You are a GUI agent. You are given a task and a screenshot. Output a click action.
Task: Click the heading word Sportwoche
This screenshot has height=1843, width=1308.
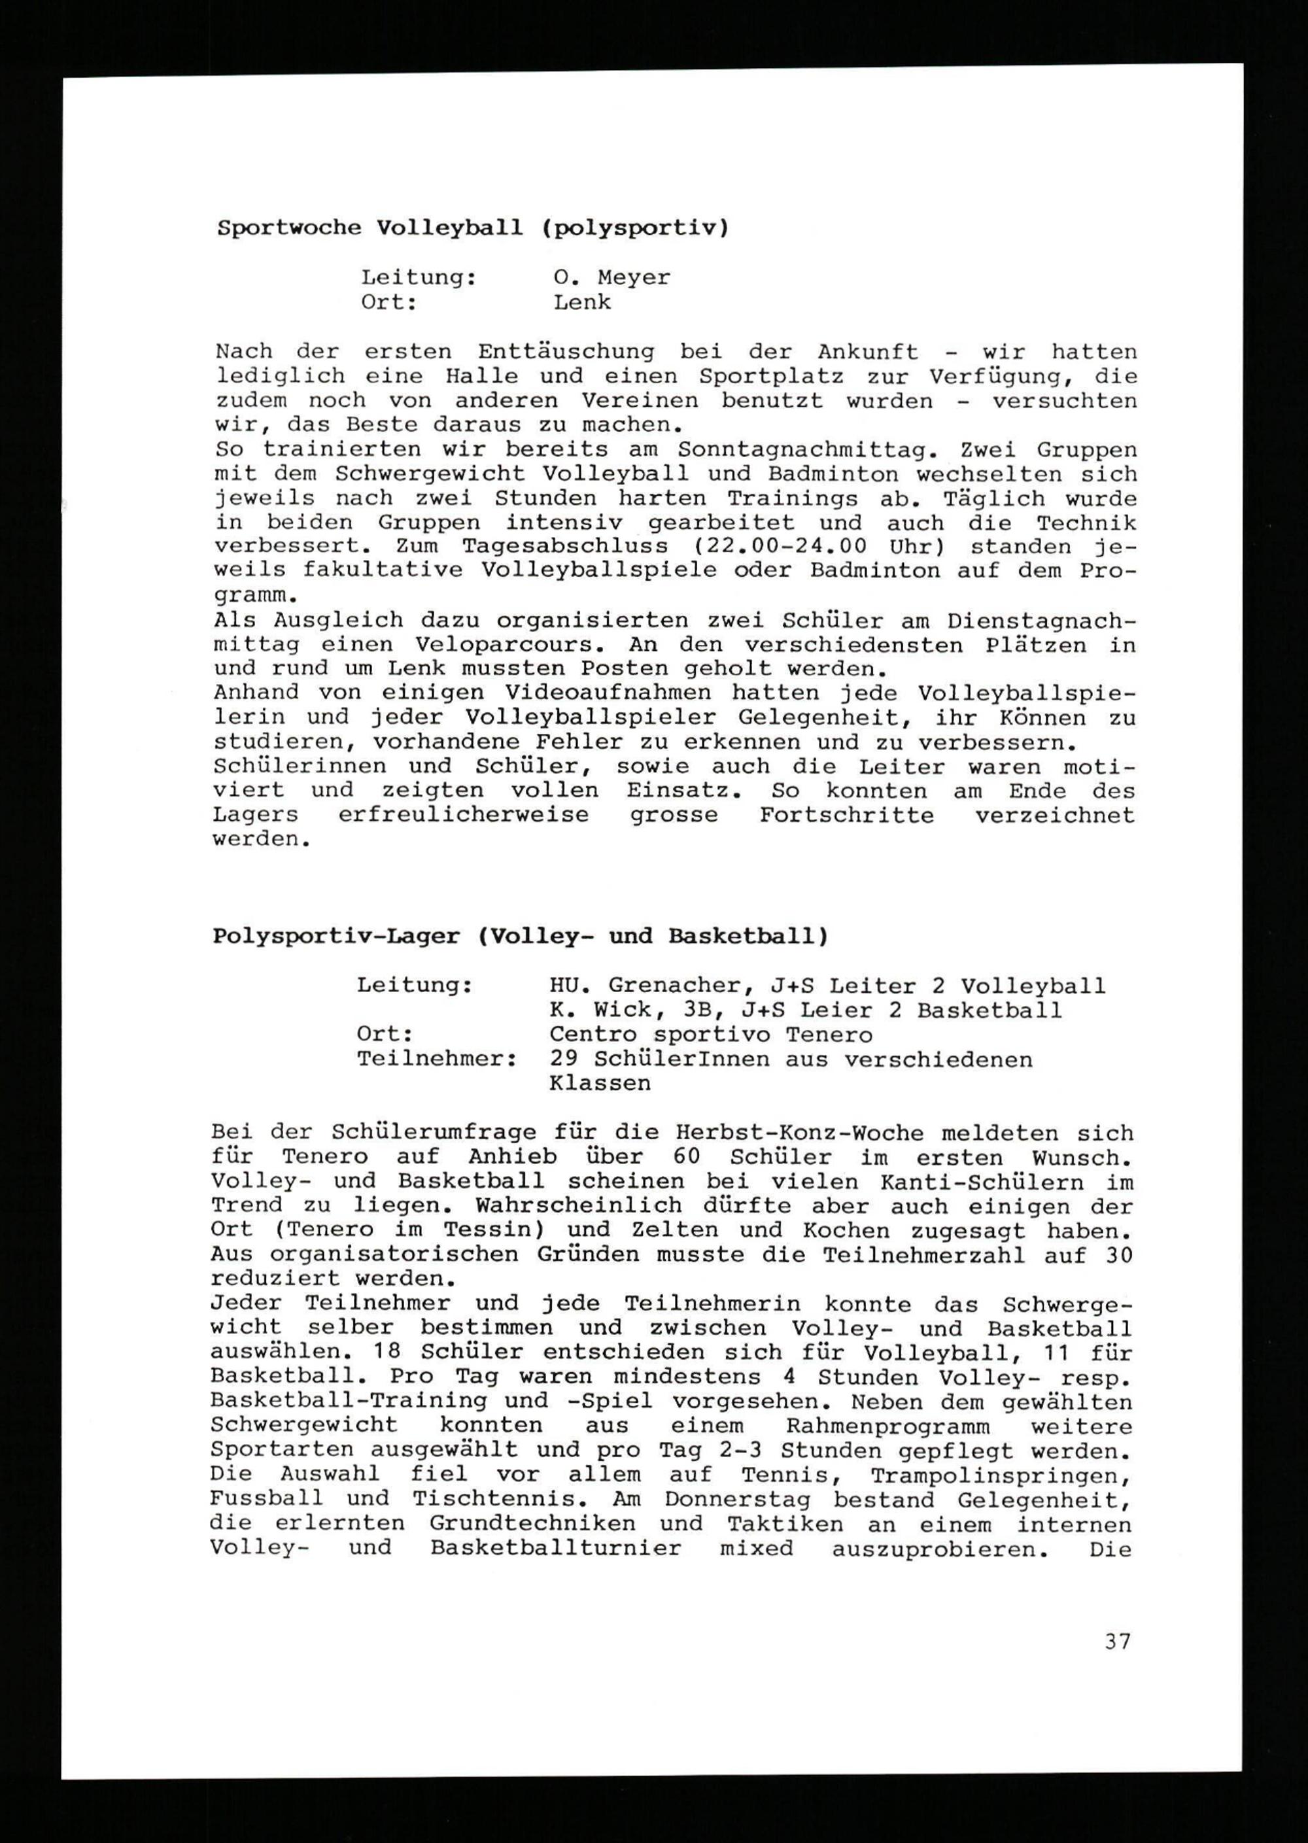tap(289, 228)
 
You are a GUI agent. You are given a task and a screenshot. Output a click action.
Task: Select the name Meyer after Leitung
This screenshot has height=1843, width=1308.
tap(633, 278)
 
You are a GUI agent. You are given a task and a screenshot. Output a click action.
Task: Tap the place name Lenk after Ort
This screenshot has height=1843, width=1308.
tap(581, 303)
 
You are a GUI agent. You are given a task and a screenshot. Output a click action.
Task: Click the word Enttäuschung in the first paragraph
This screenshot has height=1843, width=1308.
tap(566, 352)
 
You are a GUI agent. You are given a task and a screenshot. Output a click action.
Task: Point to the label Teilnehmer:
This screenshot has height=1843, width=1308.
tap(436, 1059)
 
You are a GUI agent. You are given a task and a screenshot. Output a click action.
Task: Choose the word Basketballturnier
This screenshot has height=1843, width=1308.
tap(556, 1548)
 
